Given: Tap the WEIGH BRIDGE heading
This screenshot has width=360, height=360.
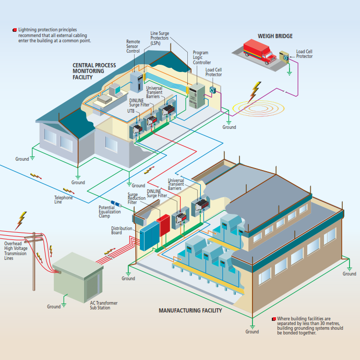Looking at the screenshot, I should (x=275, y=37).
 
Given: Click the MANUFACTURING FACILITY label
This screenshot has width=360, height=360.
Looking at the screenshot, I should (x=190, y=310).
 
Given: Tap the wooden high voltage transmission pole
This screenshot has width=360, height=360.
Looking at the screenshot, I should (x=34, y=261).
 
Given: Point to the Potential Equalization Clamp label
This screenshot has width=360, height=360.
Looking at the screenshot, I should (x=110, y=212).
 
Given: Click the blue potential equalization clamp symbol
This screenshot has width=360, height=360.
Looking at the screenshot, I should (x=116, y=203).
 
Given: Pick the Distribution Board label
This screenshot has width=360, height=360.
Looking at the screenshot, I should (x=122, y=230).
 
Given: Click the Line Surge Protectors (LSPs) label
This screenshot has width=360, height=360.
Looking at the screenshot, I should (x=160, y=38).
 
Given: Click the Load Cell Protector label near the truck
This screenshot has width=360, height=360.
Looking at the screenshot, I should (x=304, y=54).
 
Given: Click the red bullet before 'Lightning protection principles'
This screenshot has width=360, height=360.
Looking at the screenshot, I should (x=14, y=30).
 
